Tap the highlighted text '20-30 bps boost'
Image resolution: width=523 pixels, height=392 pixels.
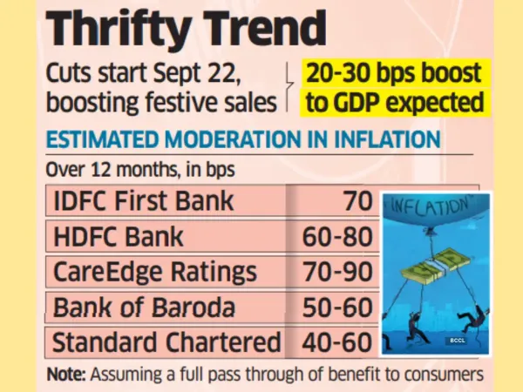click(x=394, y=74)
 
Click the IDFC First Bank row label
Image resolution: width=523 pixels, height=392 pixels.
click(x=144, y=201)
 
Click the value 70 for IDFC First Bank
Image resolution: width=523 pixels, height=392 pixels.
click(x=357, y=201)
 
